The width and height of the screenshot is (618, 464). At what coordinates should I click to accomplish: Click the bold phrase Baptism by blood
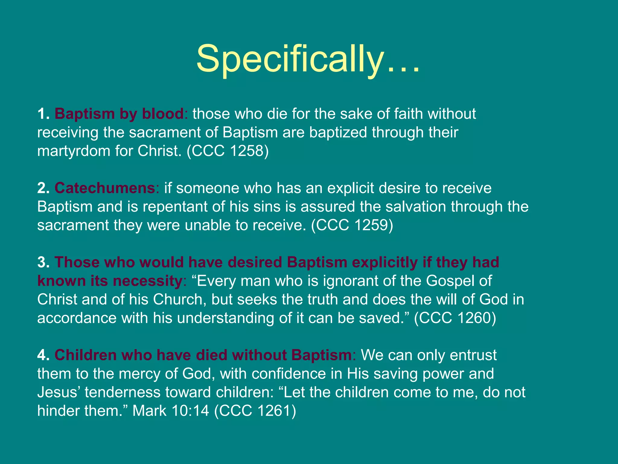coord(119,114)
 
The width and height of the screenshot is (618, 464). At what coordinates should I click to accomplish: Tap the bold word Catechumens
coord(105,188)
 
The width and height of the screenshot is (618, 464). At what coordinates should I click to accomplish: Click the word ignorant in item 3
coord(350,281)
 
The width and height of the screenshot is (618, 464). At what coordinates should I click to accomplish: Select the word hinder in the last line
coord(58,411)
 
